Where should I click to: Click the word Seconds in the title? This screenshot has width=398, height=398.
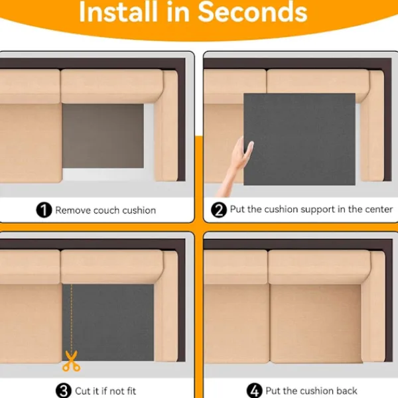tap(252, 12)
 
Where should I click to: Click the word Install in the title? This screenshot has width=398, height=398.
tap(118, 12)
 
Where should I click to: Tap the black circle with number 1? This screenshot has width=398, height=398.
tap(44, 210)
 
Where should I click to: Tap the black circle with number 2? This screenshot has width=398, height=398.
tap(219, 210)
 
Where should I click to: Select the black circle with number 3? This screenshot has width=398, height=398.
tap(64, 391)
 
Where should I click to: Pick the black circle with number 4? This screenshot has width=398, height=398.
tap(254, 391)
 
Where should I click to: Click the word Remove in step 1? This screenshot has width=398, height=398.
tap(73, 210)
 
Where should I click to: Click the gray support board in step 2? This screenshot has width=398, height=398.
tap(300, 139)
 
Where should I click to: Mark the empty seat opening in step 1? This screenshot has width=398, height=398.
tap(103, 136)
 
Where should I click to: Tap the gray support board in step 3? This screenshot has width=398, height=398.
tap(108, 322)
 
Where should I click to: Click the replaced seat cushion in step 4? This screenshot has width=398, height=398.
tap(316, 324)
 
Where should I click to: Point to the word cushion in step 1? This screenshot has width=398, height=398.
tap(139, 210)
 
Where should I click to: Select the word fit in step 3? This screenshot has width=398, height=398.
tap(131, 391)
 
